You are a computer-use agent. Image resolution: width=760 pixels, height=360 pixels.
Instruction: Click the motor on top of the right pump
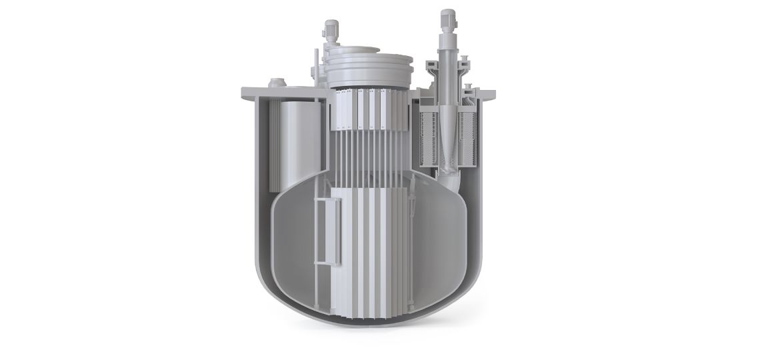pos(445,18)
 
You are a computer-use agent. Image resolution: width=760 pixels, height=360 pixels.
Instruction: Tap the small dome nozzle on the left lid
pos(275,83)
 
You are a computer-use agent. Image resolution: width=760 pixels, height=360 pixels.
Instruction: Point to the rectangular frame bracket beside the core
pos(322,230)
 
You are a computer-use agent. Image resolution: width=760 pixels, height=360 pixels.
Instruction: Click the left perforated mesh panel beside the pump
pos(427,137)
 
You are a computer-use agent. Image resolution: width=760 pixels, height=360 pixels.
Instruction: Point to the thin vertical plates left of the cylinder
pos(272,143)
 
